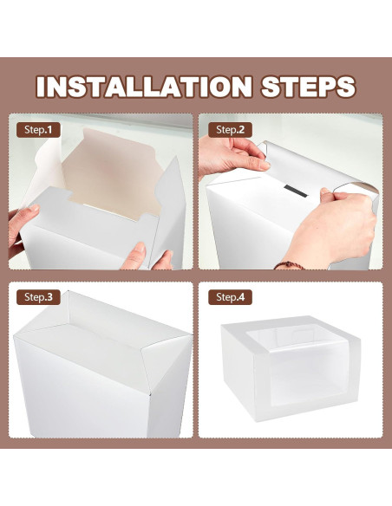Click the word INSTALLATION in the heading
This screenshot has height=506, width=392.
[144, 87]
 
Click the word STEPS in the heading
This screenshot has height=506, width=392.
[309, 87]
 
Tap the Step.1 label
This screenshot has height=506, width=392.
[38, 130]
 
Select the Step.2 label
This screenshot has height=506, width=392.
[230, 130]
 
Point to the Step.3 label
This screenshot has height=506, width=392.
[38, 297]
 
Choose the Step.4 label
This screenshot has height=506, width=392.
[230, 297]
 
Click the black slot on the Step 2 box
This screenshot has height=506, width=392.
[296, 191]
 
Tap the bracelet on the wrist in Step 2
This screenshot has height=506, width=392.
[290, 266]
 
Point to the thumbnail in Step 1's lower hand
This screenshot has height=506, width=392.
[140, 248]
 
